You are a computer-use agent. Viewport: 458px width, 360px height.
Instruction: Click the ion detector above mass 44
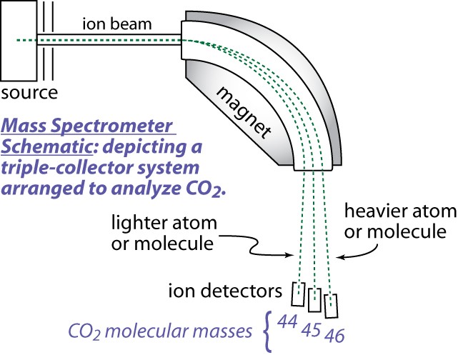click(x=299, y=292)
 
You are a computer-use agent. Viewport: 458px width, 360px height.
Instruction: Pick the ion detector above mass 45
click(x=314, y=300)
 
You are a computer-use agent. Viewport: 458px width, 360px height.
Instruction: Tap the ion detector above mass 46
click(x=330, y=305)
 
